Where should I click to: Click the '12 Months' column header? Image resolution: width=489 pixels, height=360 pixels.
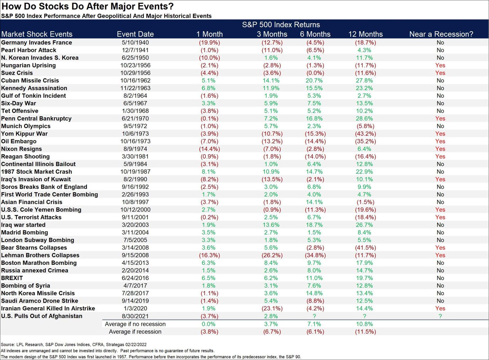(x=365, y=34)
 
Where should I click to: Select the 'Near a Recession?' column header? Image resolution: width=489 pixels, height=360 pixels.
(x=441, y=34)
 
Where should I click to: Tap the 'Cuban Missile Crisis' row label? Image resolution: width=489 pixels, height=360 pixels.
(x=30, y=81)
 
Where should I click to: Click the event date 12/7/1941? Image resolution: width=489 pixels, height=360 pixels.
(x=135, y=50)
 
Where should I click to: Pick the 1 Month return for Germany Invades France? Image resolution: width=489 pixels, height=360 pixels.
(x=210, y=42)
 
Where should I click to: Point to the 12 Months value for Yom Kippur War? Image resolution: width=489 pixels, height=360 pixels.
(x=365, y=134)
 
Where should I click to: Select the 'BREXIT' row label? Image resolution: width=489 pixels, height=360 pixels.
(x=12, y=278)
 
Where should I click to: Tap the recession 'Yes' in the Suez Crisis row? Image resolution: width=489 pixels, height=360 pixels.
(x=440, y=73)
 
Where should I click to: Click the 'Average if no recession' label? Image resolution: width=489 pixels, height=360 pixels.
(x=135, y=324)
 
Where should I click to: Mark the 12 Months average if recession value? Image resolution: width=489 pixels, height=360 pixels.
(x=365, y=332)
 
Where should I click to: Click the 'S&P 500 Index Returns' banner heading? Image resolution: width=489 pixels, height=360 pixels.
(x=281, y=25)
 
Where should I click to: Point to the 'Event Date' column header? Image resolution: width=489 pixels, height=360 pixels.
(x=135, y=34)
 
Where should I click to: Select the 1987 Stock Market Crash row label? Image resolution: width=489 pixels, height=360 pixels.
(x=37, y=172)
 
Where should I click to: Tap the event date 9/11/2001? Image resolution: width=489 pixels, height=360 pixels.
(x=135, y=217)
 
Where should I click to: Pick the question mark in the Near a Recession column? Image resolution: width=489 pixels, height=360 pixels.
(x=440, y=316)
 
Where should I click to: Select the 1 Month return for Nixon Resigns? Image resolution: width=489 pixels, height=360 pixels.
(x=210, y=149)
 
